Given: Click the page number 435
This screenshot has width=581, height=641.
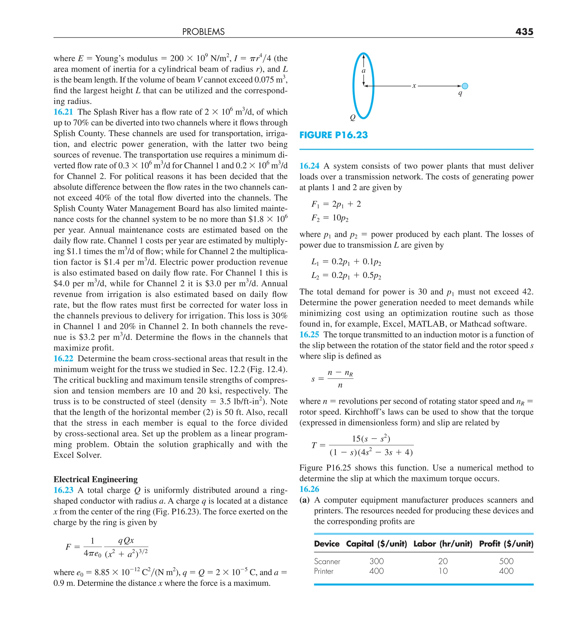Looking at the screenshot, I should tap(524, 31).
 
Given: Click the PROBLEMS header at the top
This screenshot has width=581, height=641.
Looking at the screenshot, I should tap(203, 32).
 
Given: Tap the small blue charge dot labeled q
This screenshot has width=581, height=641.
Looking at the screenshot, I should tap(465, 86).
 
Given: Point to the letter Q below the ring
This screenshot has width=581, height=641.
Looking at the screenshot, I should tap(352, 118).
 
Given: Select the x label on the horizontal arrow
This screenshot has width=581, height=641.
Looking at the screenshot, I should tap(414, 86).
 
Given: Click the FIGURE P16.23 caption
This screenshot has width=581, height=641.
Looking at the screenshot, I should tap(333, 135).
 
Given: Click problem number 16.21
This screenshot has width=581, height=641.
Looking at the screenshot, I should tap(63, 112).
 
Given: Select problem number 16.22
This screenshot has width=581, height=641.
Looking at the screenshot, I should tap(63, 358).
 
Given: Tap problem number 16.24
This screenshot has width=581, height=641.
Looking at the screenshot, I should tap(309, 166).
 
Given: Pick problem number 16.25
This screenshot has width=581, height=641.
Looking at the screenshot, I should tap(309, 334).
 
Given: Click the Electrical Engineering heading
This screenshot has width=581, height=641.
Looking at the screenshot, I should tap(96, 479).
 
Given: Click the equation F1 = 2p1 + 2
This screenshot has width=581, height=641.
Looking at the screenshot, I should tap(336, 204).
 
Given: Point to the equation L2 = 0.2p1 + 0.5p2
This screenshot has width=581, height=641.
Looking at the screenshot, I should tap(346, 275).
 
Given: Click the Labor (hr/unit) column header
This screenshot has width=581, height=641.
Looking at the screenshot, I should tap(443, 544).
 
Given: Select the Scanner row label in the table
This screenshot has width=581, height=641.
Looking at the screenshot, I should tap(327, 561).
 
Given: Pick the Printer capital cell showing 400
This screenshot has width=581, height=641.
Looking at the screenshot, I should tap(376, 571).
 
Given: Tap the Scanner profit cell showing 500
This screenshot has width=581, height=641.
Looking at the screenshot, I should tap(506, 561).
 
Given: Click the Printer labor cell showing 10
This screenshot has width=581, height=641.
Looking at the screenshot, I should tap(443, 571).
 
